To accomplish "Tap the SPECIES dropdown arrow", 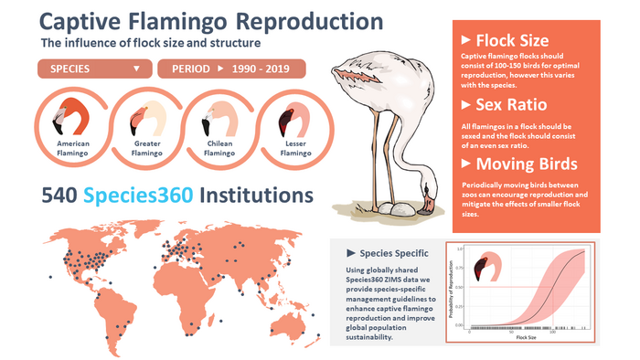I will pos(136,69).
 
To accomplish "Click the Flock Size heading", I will pos(510,40).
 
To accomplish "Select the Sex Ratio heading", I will pos(510,105).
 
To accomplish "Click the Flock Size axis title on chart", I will pos(524,337).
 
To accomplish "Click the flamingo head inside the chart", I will pos(485,267).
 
